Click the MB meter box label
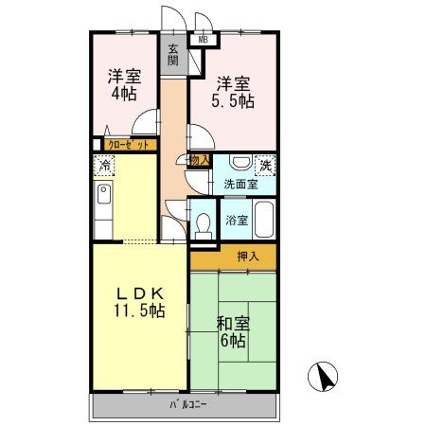pyautogui.click(x=202, y=39)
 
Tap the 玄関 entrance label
pyautogui.click(x=173, y=54)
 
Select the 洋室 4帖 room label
pyautogui.click(x=121, y=84)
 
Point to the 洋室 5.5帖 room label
pyautogui.click(x=234, y=89)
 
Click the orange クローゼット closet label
pyautogui.click(x=127, y=145)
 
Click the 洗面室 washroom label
pyautogui.click(x=240, y=185)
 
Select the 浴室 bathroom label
pyautogui.click(x=237, y=222)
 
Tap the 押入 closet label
pyautogui.click(x=233, y=255)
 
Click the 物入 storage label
pyautogui.click(x=199, y=160)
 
